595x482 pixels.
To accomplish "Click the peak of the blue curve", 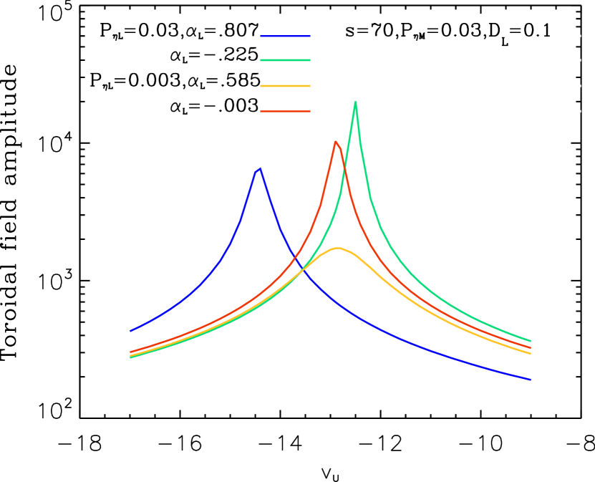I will (x=259, y=169).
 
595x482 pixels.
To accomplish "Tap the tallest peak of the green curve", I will (x=355, y=102).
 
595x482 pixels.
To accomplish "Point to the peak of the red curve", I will (x=335, y=141).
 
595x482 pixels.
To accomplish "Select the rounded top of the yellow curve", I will (x=338, y=248).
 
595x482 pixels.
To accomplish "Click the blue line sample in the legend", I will (x=285, y=35).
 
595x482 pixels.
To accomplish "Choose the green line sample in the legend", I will (x=285, y=60).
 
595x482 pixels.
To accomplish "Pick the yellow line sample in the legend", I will (x=285, y=86).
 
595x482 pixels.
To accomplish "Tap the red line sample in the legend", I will (x=285, y=111).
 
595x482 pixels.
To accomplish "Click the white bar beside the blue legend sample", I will (x=445, y=35).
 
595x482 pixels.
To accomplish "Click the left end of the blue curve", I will (x=130, y=331).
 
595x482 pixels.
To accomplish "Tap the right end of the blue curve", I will (x=531, y=380).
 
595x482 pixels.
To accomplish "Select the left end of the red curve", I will (x=130, y=352).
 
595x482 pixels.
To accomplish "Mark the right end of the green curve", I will (x=531, y=341).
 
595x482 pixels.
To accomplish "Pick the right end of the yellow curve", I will (x=531, y=354).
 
